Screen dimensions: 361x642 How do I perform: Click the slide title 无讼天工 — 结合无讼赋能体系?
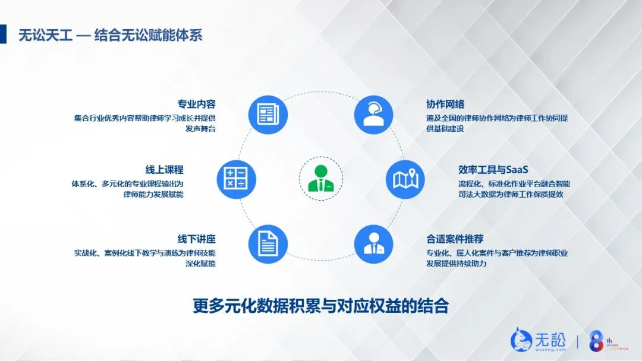point(111,35)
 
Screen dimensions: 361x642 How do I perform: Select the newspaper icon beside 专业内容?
point(268,115)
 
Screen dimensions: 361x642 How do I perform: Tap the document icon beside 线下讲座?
point(268,243)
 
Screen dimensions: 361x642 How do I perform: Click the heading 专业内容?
point(196,104)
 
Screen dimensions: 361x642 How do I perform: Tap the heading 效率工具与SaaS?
point(493,170)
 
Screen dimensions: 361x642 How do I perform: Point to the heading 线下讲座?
point(196,239)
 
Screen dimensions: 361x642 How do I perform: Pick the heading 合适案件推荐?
point(455,239)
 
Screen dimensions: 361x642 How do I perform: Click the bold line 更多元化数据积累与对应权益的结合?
point(320,306)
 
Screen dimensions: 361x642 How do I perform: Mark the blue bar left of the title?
point(3,34)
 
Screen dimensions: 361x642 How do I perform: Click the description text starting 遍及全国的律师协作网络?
point(497,123)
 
